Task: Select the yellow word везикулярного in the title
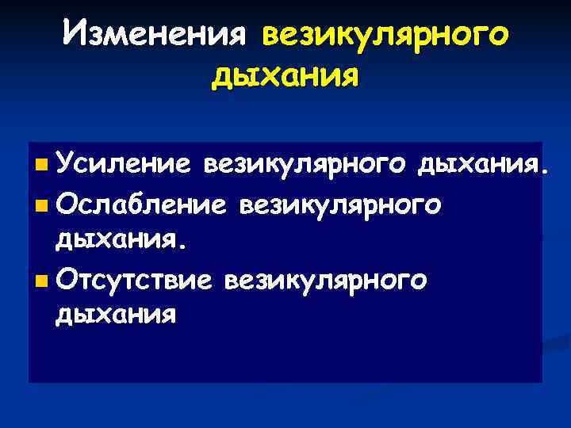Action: coord(385,36)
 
